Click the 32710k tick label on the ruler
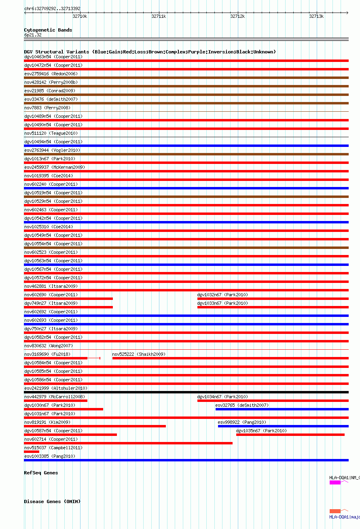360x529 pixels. coord(80,16)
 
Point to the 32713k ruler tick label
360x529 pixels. coord(316,16)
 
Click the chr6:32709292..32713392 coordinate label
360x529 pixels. coord(52,8)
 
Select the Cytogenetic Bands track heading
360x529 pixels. coord(48,30)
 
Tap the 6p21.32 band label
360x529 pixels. coord(33,35)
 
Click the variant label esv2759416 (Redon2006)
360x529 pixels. coord(51,74)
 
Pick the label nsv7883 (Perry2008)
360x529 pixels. coord(47,108)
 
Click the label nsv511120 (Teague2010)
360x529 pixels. coord(51,133)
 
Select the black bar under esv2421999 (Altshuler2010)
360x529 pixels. coord(186,392)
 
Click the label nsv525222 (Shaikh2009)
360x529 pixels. coord(139,354)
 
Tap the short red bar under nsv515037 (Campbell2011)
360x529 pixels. coord(32,452)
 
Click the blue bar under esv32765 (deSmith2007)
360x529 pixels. coord(282,409)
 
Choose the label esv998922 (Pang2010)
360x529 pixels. coord(242,422)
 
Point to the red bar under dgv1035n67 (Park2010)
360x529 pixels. coord(290,435)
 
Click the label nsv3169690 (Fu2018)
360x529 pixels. coord(47,354)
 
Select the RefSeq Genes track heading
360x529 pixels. coord(41,473)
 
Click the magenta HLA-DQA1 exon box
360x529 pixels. coord(335,482)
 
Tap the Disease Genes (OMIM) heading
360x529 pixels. coord(52,501)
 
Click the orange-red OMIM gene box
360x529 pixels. coord(335,511)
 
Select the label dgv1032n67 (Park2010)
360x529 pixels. coord(222,295)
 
